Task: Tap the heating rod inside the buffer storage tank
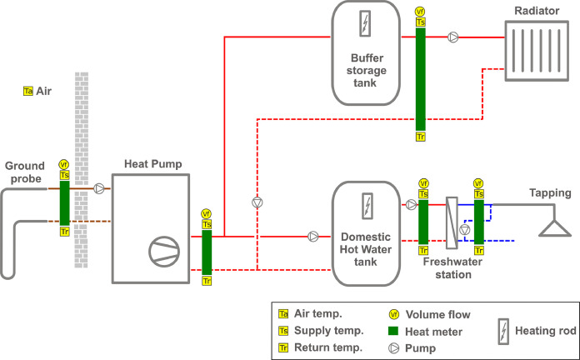tap(362, 24)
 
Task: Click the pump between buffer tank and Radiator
tap(452, 37)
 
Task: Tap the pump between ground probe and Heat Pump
tap(100, 188)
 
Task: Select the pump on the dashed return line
tap(257, 202)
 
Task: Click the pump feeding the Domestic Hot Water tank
tap(313, 236)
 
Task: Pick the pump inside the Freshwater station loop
tap(465, 229)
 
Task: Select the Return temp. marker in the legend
tap(284, 347)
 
